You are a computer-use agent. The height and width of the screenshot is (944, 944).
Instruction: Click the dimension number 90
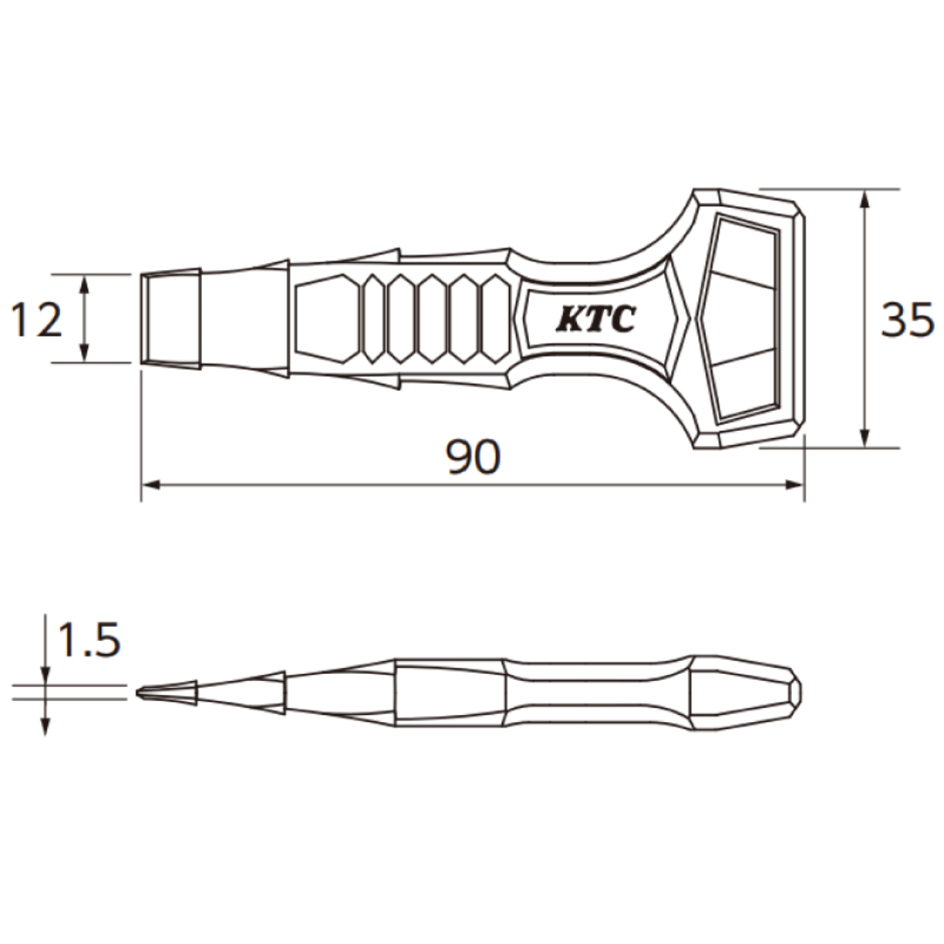[x=473, y=457]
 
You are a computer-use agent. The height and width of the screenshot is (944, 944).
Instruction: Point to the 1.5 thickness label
[x=87, y=642]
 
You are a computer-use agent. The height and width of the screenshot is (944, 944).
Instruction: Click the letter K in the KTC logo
[x=571, y=320]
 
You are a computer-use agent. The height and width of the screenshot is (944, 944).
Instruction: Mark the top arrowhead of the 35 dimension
[x=864, y=198]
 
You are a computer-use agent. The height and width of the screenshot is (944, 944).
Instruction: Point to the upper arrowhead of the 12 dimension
[x=85, y=282]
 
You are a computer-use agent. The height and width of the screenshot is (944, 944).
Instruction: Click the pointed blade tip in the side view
[x=142, y=692]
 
